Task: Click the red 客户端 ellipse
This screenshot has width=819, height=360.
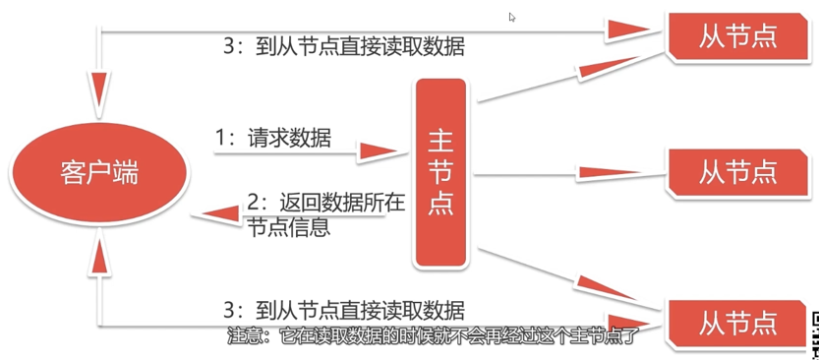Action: (x=97, y=174)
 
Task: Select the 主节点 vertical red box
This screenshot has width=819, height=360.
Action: (x=439, y=172)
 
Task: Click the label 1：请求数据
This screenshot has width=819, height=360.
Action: (x=272, y=139)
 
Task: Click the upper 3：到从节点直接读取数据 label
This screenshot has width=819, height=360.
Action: (x=344, y=46)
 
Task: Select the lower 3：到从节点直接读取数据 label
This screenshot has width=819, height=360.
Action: (x=344, y=308)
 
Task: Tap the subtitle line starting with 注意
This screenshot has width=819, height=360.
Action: (x=433, y=335)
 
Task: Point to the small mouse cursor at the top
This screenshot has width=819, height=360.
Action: (x=512, y=17)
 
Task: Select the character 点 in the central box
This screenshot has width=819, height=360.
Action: (x=439, y=210)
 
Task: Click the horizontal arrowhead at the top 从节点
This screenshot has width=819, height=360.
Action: (x=629, y=31)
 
